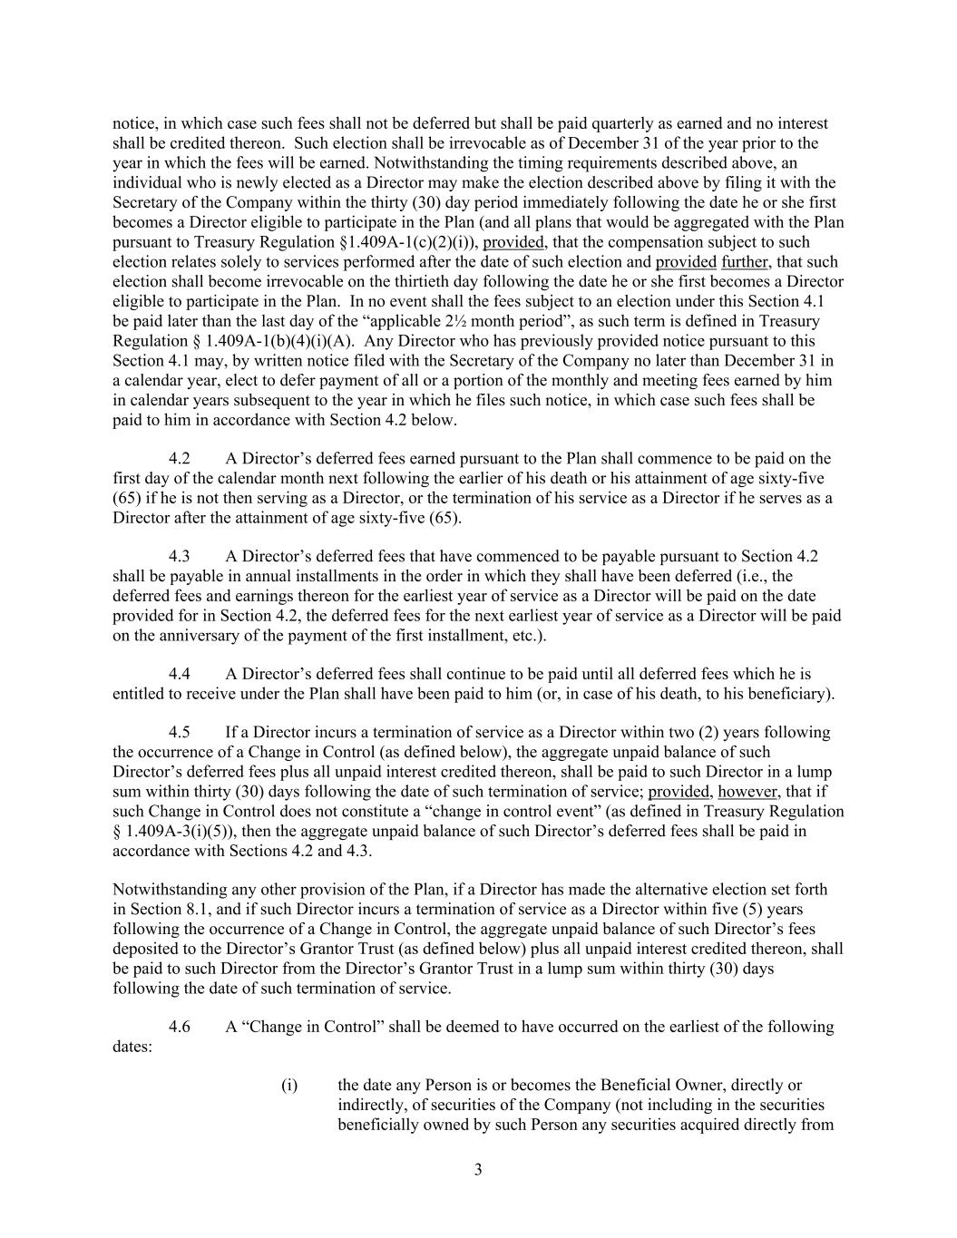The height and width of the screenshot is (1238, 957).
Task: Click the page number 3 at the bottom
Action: pyautogui.click(x=478, y=1169)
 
